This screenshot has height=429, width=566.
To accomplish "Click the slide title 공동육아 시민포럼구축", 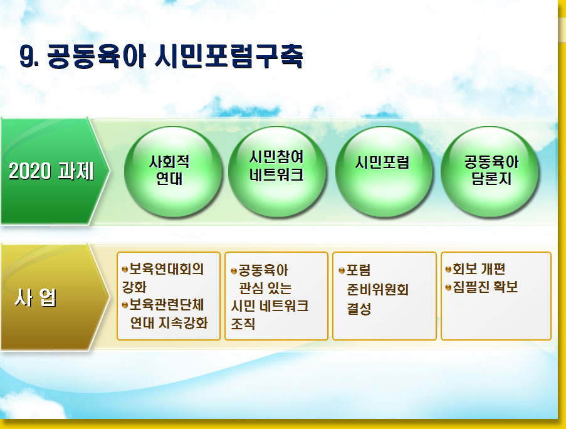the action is [x=175, y=56].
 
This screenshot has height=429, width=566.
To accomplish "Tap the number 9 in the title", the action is [x=26, y=56].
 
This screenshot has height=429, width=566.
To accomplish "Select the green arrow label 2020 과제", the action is [x=51, y=171].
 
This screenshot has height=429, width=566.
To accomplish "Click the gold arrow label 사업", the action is [x=35, y=298].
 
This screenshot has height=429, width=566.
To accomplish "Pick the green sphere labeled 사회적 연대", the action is [x=173, y=172].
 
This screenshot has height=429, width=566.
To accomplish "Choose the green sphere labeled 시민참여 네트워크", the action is [x=277, y=172].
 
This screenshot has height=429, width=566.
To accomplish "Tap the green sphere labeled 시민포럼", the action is [x=384, y=172].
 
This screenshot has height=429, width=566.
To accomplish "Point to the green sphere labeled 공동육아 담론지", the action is [x=490, y=172].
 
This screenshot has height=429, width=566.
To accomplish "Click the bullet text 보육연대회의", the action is [x=166, y=269].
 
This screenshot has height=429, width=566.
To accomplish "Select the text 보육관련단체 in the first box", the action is [x=166, y=305].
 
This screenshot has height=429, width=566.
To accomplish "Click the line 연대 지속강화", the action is [x=169, y=323].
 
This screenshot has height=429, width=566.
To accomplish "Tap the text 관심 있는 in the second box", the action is [x=265, y=288].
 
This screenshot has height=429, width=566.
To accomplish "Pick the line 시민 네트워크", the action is [x=270, y=306].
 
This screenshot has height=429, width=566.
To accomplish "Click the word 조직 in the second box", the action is [x=243, y=324].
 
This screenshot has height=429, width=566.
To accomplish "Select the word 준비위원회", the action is [x=377, y=290].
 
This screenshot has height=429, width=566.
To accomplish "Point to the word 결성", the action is [x=359, y=309].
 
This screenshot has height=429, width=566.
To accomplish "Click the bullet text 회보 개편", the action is [x=479, y=269].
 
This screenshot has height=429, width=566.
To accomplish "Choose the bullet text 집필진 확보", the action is [x=485, y=287].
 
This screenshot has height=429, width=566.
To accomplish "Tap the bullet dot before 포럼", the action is [x=342, y=270].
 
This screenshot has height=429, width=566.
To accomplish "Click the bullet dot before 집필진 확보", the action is [x=448, y=287].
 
